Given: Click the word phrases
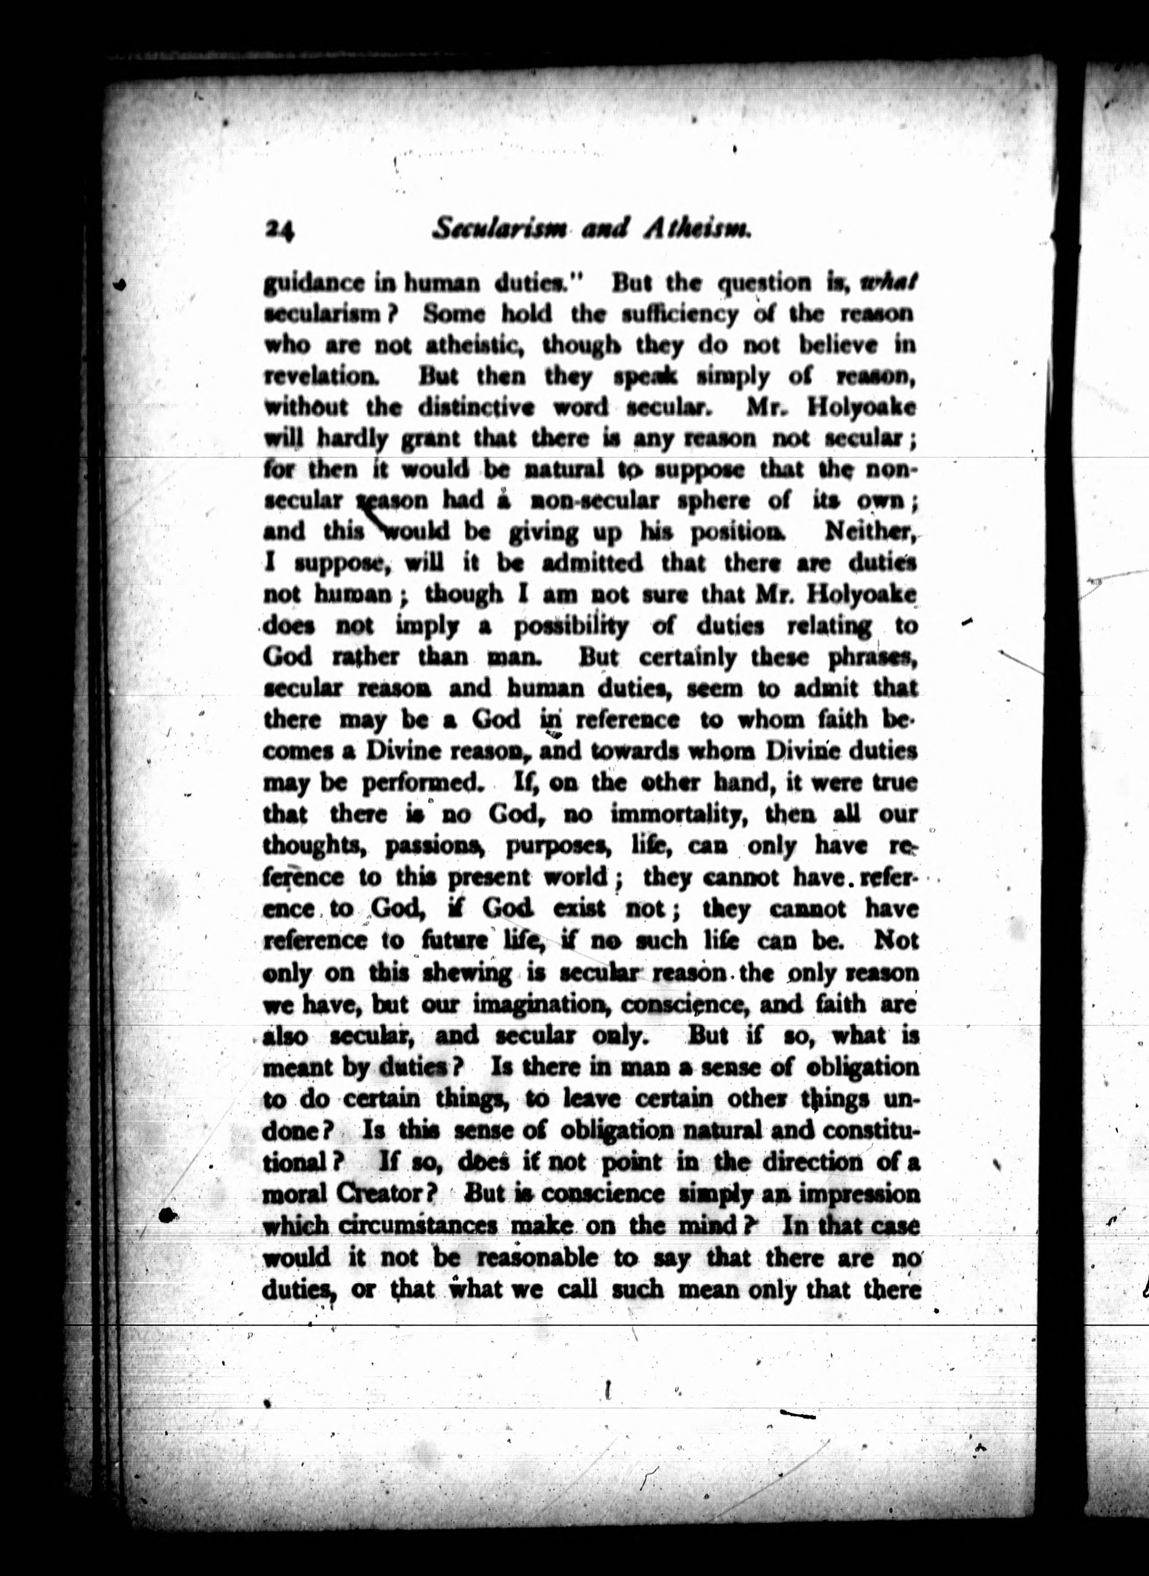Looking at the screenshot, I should click(x=873, y=658).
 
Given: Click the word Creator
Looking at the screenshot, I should click(x=388, y=1193).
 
